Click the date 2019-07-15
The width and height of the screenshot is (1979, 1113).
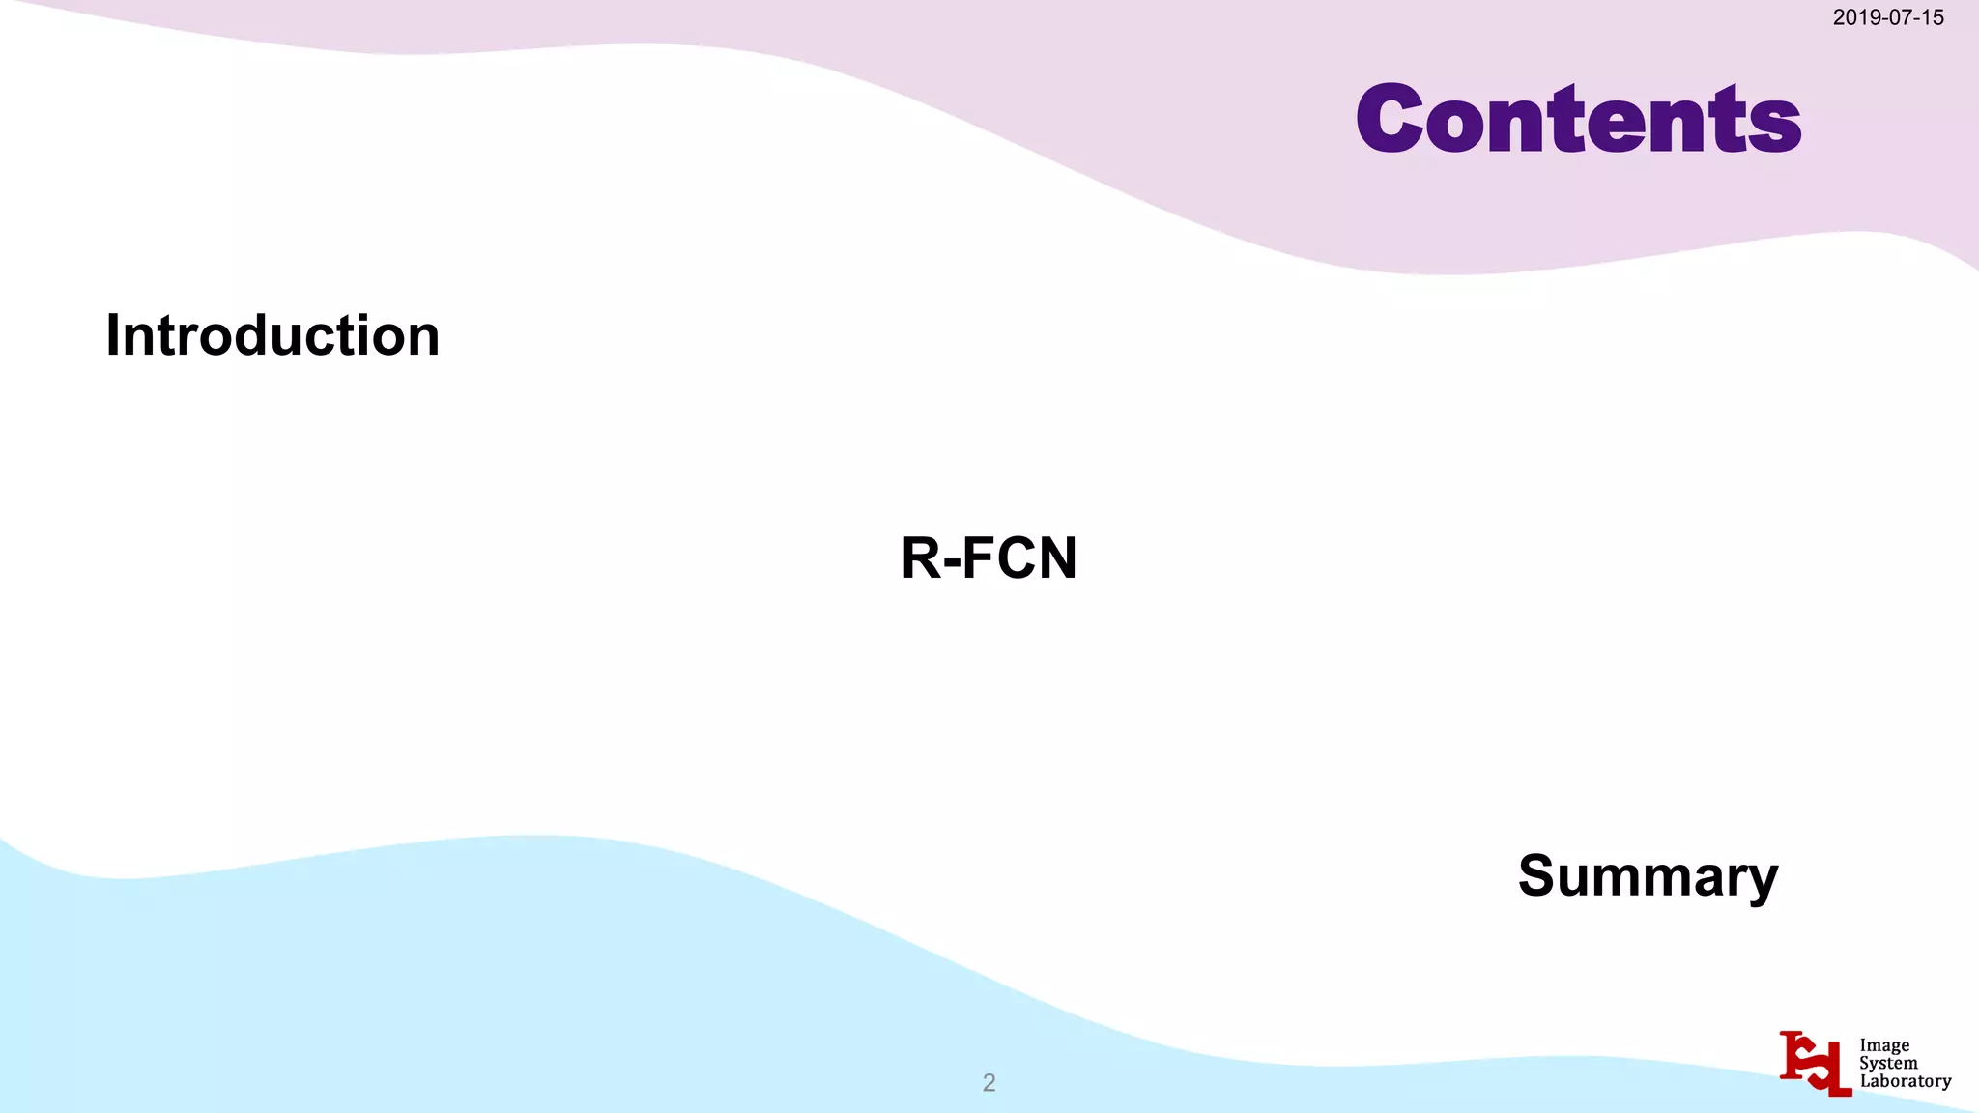1887,17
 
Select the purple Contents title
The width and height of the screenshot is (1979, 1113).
1578,119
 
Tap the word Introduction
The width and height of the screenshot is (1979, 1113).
272,335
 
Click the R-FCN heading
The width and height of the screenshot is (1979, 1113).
989,557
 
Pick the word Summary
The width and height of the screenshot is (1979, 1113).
1648,876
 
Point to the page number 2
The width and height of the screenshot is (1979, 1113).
989,1082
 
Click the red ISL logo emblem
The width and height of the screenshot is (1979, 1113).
1815,1063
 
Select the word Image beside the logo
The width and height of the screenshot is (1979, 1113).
1884,1045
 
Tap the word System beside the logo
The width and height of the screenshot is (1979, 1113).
1888,1063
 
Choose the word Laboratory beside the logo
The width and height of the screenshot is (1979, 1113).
1905,1081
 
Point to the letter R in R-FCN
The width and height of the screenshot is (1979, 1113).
921,557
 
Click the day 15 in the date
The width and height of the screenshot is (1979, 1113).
1933,17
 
